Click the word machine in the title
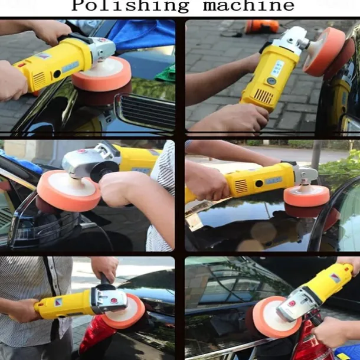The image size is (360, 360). coord(248,6)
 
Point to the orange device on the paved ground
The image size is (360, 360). coord(261,27)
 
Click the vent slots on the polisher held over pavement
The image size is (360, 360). coord(263,96)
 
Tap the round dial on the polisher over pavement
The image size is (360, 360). coord(271,81)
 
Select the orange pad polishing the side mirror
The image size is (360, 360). coord(68,190)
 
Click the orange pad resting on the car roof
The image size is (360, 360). coord(306,197)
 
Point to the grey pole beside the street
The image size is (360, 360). coord(316,155)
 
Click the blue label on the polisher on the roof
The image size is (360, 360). coord(273,180)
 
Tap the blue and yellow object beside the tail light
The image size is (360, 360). coord(348,351)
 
